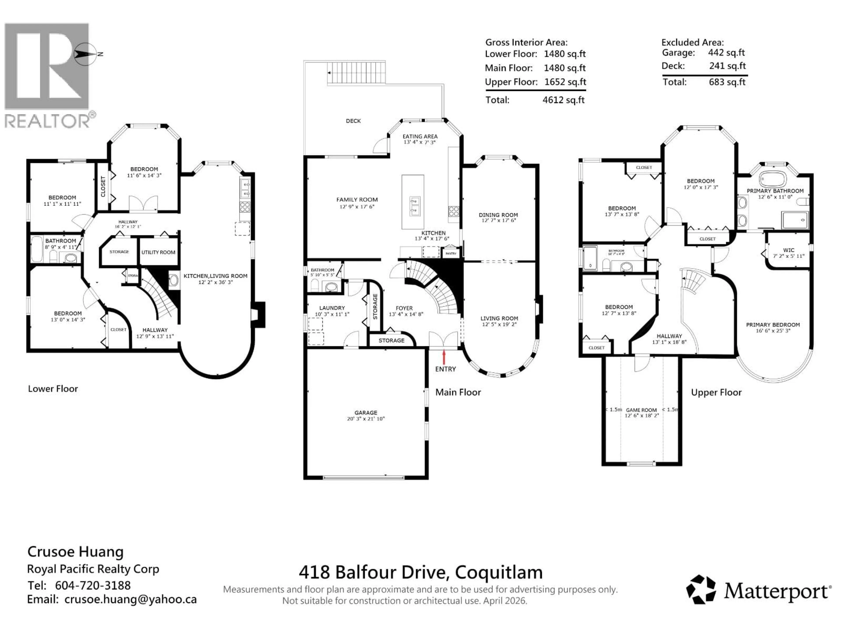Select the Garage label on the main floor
(x=366, y=413)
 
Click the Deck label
(x=353, y=121)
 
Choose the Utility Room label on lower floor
(x=158, y=252)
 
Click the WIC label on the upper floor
(x=788, y=250)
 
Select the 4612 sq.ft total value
(x=564, y=100)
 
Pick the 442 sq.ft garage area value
(x=726, y=53)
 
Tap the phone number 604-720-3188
(x=93, y=585)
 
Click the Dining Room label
(x=498, y=215)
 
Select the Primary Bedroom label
(x=773, y=325)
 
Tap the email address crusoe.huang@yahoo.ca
(x=130, y=599)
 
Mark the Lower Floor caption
(x=53, y=389)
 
